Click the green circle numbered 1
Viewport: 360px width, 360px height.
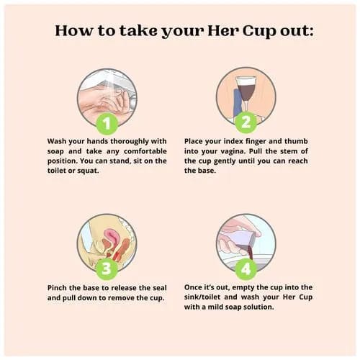(x=107, y=124)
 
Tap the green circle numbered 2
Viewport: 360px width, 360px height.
(x=246, y=122)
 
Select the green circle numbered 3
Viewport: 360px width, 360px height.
(x=107, y=269)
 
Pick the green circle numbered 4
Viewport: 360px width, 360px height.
(x=246, y=269)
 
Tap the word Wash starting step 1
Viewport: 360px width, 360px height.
(x=57, y=141)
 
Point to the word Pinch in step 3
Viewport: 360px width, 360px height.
(x=57, y=288)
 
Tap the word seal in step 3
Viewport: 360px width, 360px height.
(x=160, y=288)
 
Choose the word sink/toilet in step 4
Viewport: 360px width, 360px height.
(x=202, y=297)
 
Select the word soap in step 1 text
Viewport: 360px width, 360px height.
(x=55, y=152)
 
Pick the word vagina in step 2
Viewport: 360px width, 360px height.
(x=233, y=152)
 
